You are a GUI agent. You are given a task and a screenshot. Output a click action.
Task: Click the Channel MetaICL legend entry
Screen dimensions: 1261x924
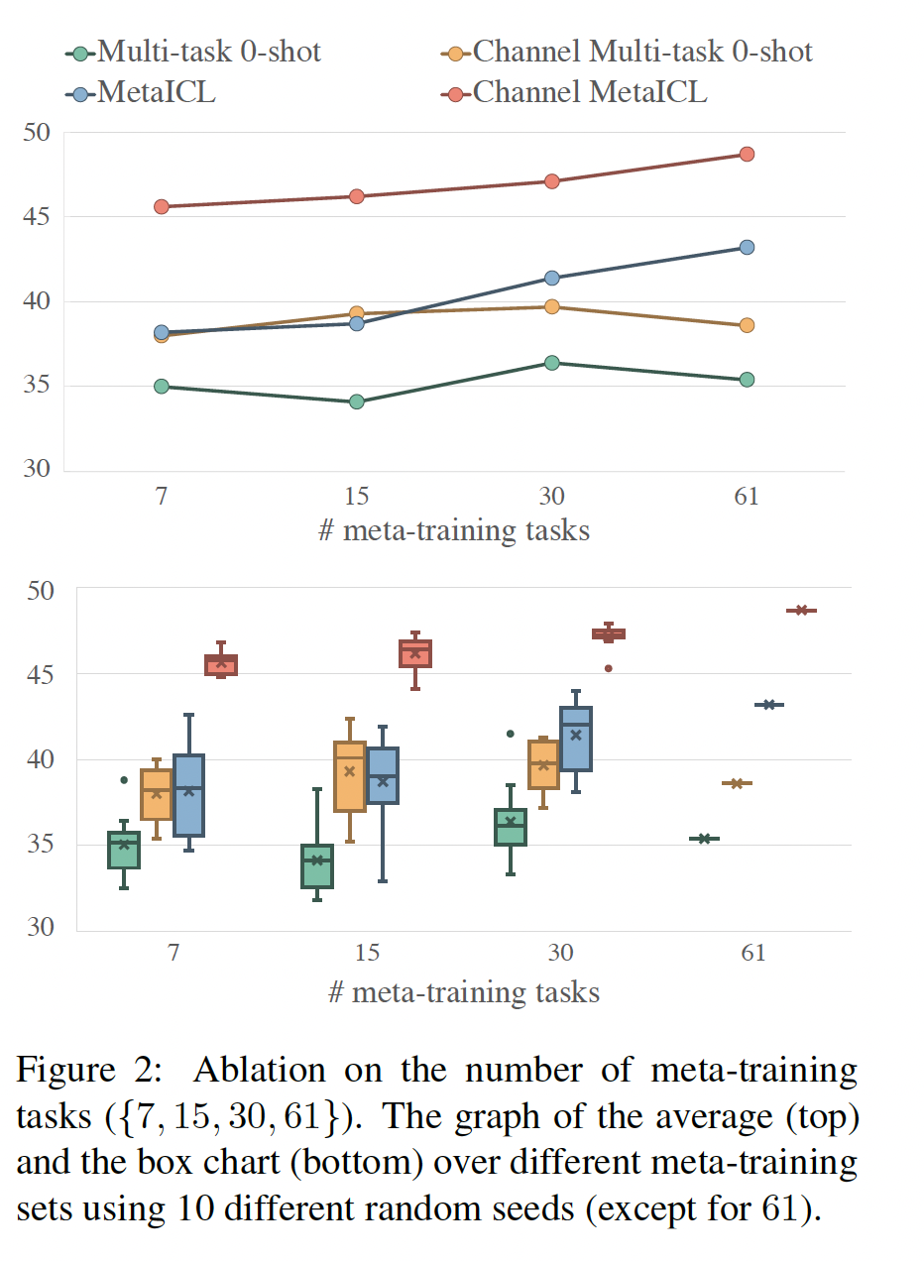click(589, 93)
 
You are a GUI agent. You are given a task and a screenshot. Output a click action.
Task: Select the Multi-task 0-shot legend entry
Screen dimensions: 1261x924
click(208, 51)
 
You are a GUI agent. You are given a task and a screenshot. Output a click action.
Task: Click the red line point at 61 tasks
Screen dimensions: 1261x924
click(747, 155)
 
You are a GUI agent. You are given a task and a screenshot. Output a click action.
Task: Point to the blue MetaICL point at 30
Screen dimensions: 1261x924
click(552, 279)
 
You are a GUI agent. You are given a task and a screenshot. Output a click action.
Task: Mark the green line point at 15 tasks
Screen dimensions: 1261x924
click(357, 402)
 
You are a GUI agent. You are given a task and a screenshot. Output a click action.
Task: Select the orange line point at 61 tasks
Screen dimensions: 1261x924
click(747, 325)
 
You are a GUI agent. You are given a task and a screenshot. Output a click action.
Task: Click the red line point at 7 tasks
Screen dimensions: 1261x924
click(162, 207)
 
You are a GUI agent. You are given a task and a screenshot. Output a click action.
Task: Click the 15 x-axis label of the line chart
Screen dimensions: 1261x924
click(356, 496)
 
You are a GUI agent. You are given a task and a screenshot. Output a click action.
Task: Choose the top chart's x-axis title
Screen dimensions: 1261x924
click(454, 531)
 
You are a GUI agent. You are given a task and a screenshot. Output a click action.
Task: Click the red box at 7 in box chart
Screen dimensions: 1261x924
click(221, 665)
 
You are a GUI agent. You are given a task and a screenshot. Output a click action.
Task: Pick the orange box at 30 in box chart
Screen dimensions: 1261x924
click(543, 764)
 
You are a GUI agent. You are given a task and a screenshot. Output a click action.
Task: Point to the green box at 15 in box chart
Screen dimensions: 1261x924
click(317, 866)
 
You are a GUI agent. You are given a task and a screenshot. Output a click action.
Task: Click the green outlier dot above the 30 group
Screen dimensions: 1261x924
click(511, 734)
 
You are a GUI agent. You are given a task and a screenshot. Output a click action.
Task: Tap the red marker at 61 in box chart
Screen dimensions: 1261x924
click(801, 611)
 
